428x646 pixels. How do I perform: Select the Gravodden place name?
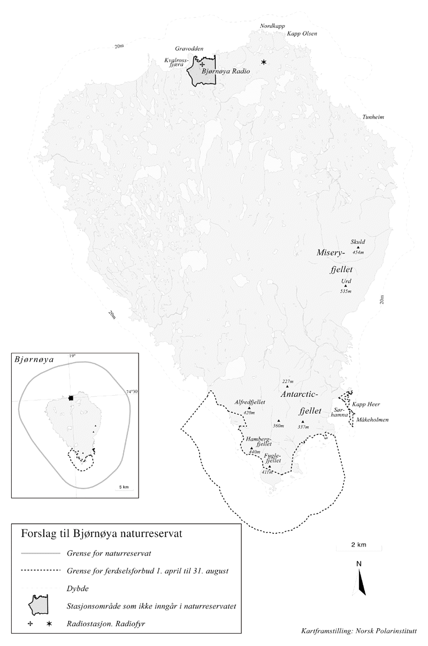pos(189,49)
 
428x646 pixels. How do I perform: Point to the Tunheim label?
pos(373,117)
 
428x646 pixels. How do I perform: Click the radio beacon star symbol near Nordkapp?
pos(263,63)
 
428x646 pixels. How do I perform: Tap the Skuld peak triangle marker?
pos(358,247)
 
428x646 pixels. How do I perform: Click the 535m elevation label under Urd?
pos(346,291)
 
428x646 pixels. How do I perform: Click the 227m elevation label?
pos(287,381)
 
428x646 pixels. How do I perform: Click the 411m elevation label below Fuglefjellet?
pos(267,472)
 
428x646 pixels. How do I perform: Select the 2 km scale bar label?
pos(358,544)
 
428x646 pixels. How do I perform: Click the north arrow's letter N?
pos(359,564)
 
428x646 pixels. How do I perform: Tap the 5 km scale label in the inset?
pos(124,487)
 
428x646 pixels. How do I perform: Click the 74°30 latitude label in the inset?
pos(132,391)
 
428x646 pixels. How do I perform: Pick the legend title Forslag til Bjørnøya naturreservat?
pos(101,534)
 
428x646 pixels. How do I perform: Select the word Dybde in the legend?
pos(78,588)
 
